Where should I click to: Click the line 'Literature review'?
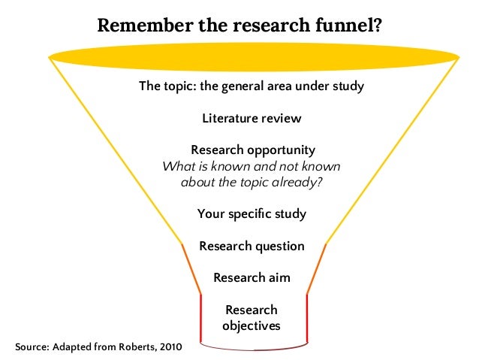point(252,118)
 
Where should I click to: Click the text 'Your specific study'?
point(252,213)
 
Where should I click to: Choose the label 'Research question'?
point(252,246)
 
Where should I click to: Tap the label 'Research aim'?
point(252,277)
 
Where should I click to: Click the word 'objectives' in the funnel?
point(252,325)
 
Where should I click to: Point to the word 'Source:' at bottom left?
point(30,349)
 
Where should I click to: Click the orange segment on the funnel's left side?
point(191,268)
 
